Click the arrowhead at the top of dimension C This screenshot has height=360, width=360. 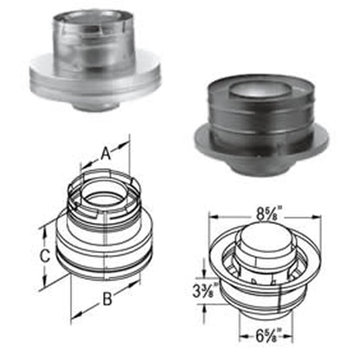pos(44,229)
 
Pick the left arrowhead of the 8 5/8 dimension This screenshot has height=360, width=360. pos(212,217)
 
